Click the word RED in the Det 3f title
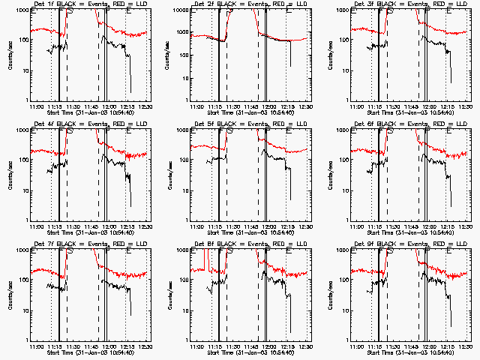434,4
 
